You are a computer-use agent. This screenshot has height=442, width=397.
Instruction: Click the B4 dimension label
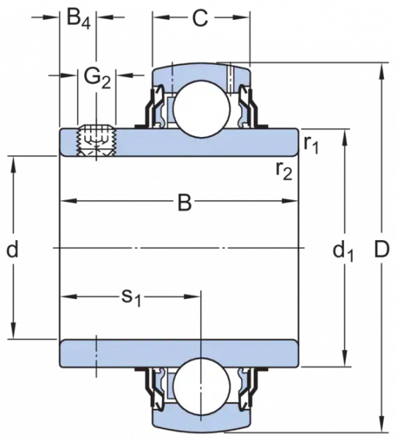coord(79,20)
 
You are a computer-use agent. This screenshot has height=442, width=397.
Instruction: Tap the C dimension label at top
coord(200,18)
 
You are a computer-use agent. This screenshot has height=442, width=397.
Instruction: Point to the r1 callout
coord(311,145)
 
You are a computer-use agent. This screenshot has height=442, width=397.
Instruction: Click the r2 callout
coord(284,171)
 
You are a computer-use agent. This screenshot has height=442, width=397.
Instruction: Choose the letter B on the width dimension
coord(185,202)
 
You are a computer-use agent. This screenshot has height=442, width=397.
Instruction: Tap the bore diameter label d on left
coord(13,248)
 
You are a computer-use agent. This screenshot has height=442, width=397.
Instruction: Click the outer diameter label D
coord(382,249)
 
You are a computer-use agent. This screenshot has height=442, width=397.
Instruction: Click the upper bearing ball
coord(202,109)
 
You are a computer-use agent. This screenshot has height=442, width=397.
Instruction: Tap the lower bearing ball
coord(202,387)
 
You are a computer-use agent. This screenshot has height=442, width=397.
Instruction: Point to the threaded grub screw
coord(96,140)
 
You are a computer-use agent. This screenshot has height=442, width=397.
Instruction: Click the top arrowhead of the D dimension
coord(382,72)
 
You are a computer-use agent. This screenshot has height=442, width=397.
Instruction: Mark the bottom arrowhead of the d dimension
coord(13,330)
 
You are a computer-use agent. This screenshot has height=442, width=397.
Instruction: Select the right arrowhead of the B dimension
coord(289,201)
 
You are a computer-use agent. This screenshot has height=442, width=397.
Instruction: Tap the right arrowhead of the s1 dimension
coord(192,297)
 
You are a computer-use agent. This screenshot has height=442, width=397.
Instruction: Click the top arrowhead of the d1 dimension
coord(344,138)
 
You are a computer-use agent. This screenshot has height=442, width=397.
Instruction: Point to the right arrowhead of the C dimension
coord(241,18)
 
